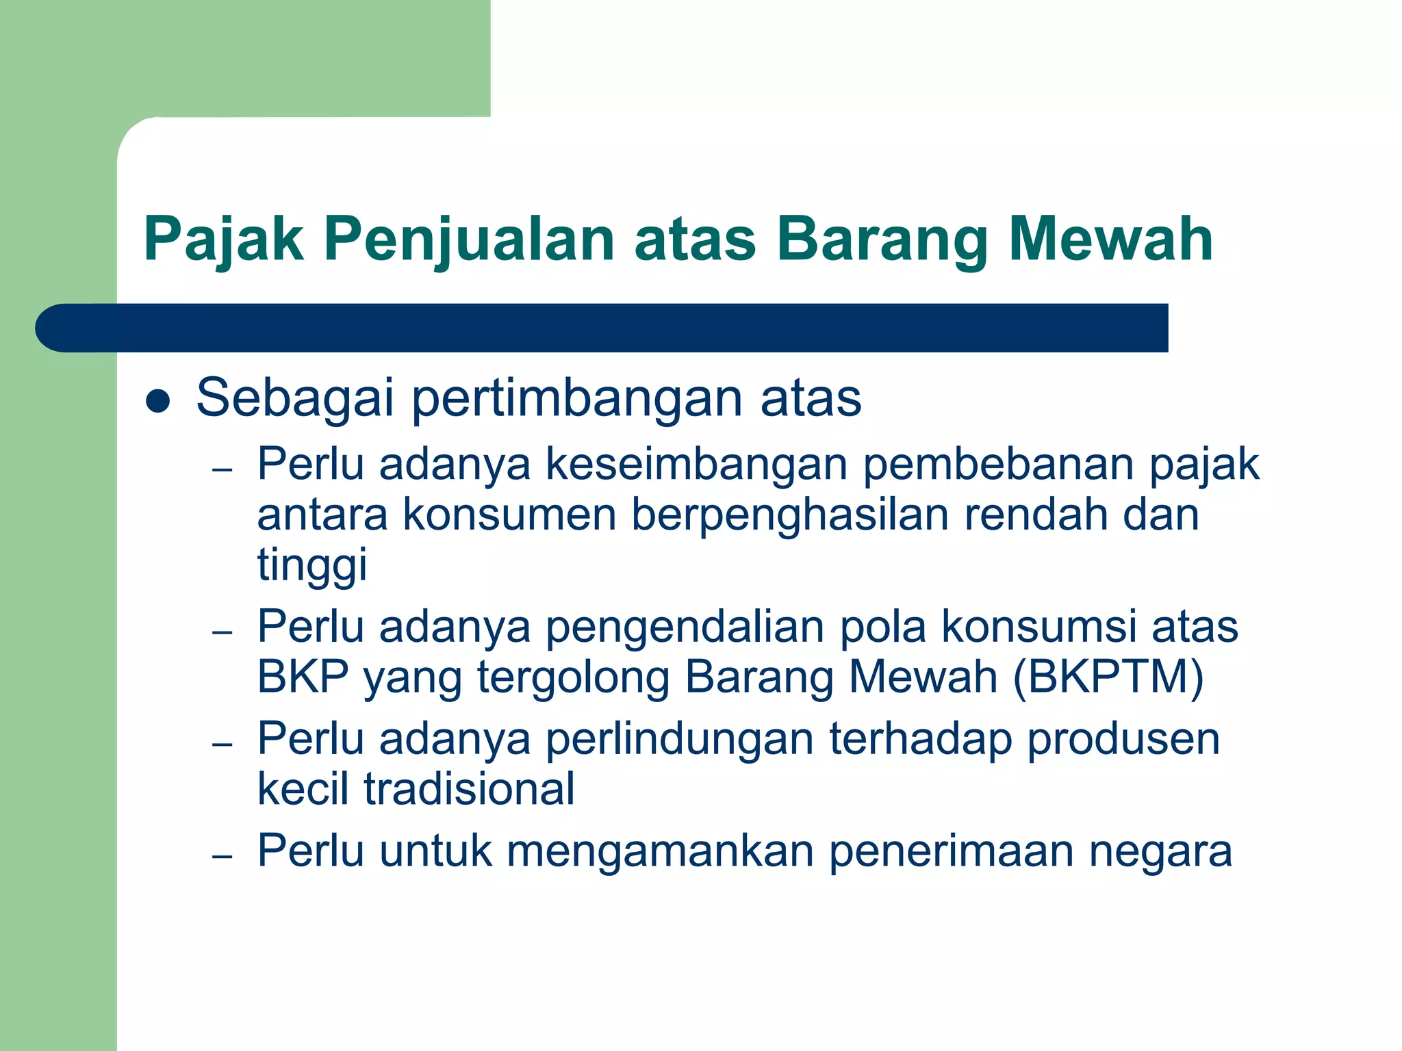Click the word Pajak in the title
(223, 239)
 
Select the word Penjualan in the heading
(469, 239)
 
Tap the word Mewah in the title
(1110, 239)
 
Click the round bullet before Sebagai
(158, 402)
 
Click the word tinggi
(312, 566)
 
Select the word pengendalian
(685, 627)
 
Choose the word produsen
(1123, 740)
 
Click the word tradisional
(469, 789)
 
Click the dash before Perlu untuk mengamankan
(222, 856)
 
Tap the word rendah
(1035, 515)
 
